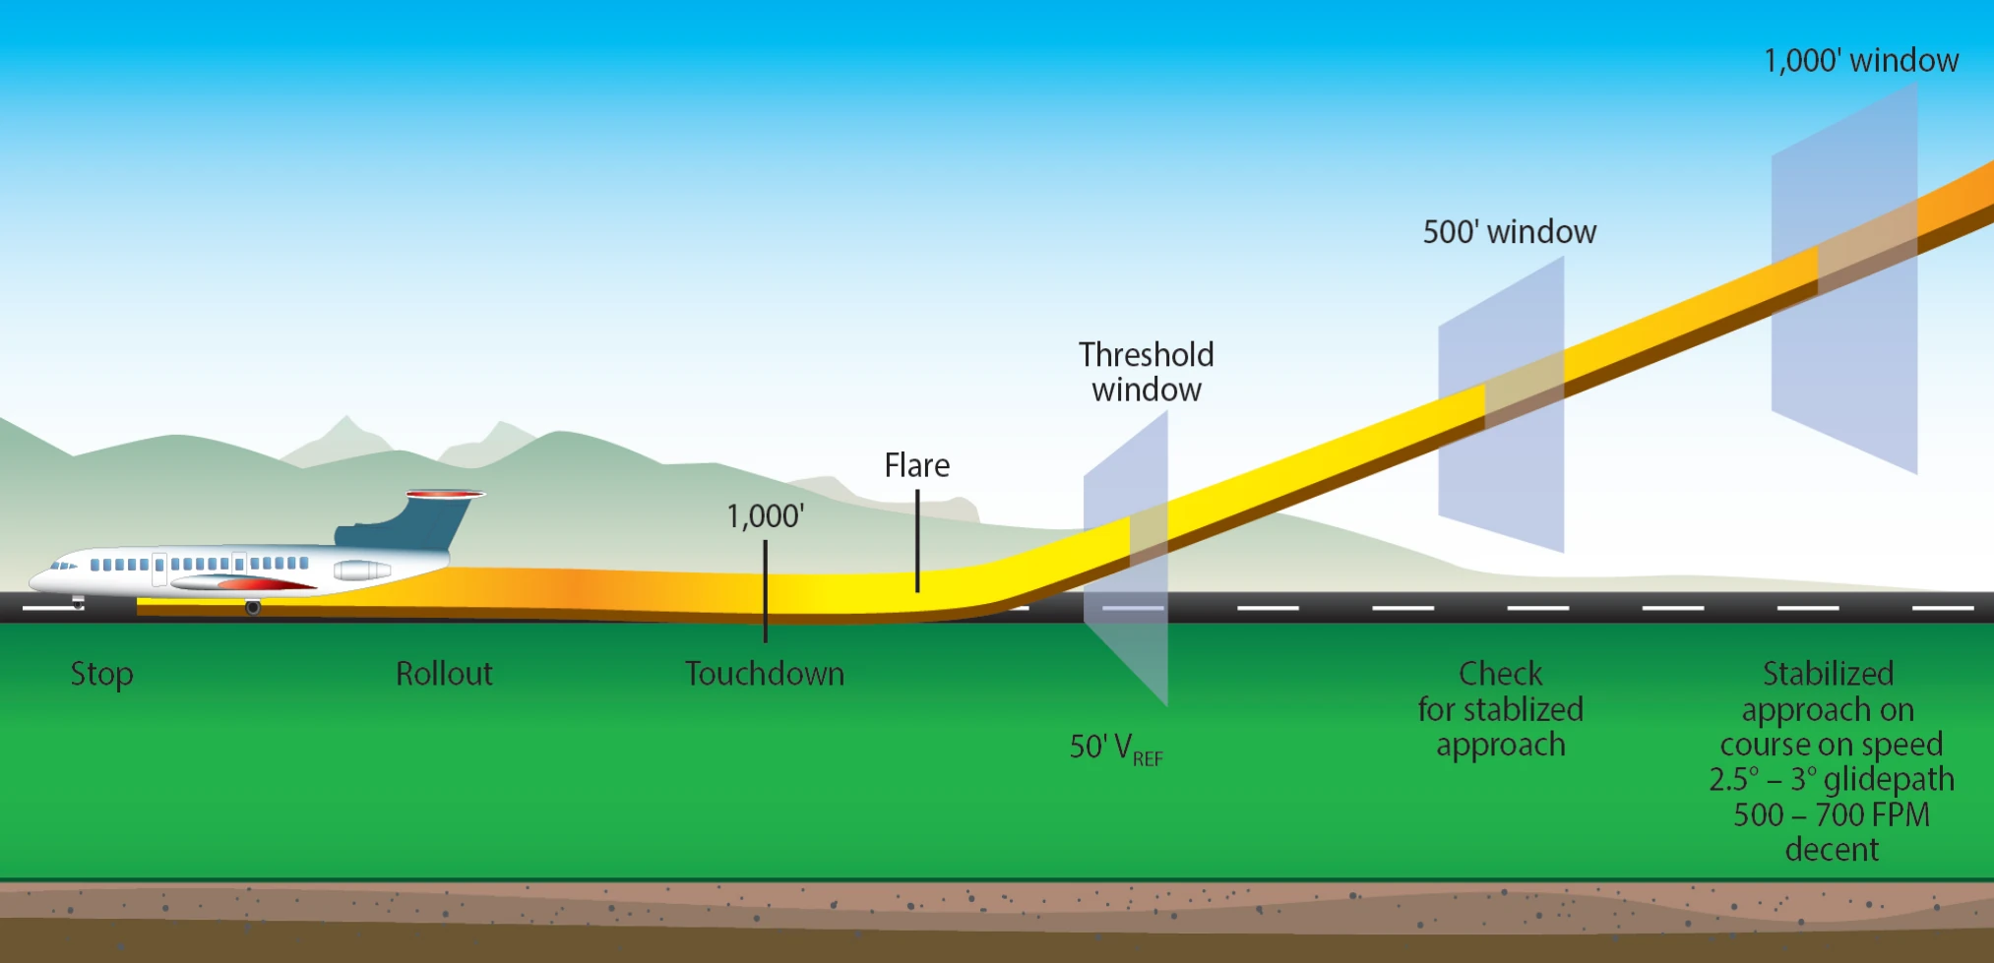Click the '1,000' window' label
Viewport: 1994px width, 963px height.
(1860, 61)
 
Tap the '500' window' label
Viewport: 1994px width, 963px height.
(1509, 232)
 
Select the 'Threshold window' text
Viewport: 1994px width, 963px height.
(1147, 372)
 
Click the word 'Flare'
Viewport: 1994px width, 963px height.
(917, 465)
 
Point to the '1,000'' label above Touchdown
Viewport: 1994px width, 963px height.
(766, 516)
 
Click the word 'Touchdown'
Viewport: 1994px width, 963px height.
(765, 674)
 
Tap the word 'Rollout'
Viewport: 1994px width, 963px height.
(444, 674)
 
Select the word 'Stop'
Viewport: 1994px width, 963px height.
(101, 675)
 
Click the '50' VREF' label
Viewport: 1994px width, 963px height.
(1117, 749)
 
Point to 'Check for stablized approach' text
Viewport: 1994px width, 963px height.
(1501, 709)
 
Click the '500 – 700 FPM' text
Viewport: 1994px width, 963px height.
(1832, 815)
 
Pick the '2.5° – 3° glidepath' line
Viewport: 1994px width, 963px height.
(1832, 780)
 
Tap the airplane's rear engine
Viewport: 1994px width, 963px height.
(362, 570)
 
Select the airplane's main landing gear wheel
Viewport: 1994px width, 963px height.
(253, 608)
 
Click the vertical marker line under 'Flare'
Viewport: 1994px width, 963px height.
(917, 541)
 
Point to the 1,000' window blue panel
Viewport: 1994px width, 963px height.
(1844, 278)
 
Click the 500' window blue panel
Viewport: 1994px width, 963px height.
(1501, 404)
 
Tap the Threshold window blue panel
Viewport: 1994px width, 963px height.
(1126, 558)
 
